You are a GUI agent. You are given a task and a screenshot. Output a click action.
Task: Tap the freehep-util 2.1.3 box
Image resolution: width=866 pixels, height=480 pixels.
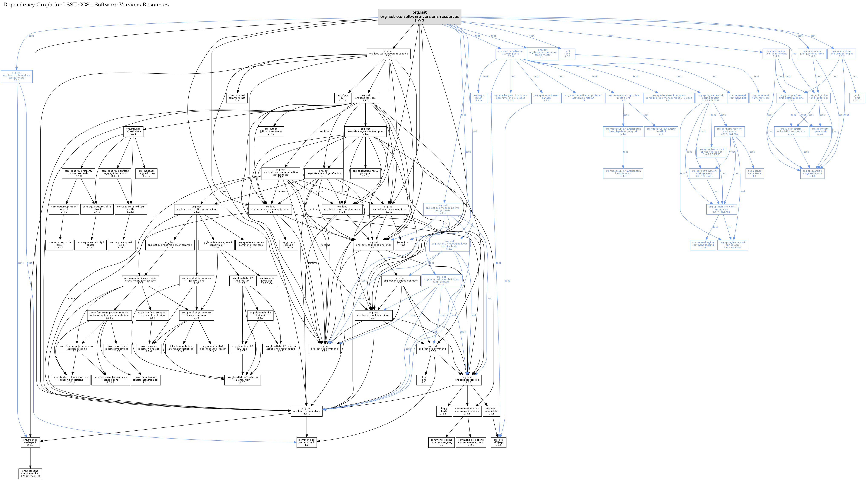coord(30,442)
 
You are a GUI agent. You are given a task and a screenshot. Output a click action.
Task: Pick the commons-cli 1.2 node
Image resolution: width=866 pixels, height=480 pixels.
coord(307,442)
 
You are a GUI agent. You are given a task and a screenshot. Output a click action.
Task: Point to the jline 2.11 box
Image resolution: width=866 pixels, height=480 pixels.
coord(424,380)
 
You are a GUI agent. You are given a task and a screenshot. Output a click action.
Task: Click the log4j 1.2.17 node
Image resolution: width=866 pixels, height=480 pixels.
coord(444,411)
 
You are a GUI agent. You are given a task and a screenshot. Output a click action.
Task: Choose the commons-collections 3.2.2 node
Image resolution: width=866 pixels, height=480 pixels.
coord(471,442)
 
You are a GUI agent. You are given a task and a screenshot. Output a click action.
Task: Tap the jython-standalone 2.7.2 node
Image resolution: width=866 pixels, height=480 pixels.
coord(271,131)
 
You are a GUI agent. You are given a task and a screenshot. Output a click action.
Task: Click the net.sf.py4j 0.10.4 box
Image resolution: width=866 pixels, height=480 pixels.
coord(343,98)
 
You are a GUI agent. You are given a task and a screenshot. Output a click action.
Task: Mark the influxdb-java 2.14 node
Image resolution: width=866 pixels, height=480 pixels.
coord(133,131)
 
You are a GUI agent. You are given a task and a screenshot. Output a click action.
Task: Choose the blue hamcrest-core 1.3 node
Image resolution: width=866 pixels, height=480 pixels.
coord(760,98)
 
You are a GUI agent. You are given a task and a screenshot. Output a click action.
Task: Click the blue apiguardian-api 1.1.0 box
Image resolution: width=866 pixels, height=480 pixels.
coord(812,173)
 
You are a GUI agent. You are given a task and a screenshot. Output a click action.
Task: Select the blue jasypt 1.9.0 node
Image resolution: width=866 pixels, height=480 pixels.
coord(478,98)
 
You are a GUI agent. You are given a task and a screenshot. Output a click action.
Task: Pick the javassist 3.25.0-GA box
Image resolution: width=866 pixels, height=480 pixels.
coord(267,281)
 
